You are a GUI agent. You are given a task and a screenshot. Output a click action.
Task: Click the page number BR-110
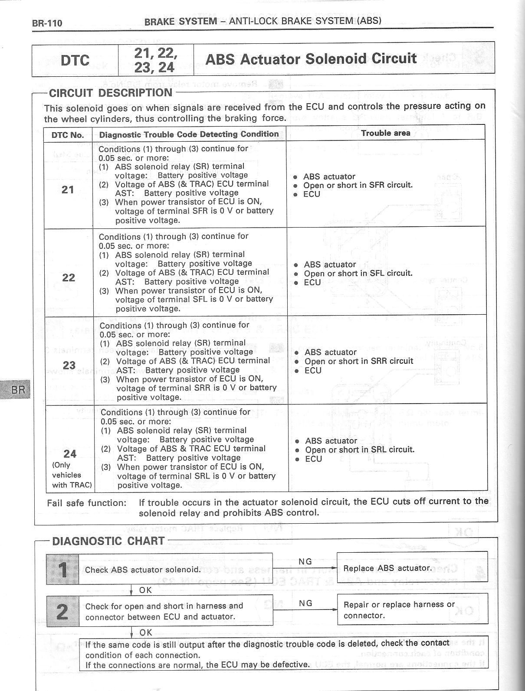[x=47, y=23]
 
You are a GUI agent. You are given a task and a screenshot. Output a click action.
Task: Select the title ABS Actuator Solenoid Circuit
[x=311, y=59]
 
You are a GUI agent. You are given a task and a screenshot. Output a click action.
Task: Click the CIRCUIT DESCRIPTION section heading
[x=111, y=93]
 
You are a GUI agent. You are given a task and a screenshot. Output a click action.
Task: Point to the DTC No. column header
[x=68, y=135]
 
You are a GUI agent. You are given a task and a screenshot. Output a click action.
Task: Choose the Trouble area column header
[x=385, y=133]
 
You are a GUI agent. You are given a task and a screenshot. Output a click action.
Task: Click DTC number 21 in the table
[x=68, y=189]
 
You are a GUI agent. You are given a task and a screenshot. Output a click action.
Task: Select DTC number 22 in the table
[x=69, y=277]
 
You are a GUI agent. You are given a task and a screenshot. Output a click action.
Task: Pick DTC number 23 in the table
[x=69, y=365]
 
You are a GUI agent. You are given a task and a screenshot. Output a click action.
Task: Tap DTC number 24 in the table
[x=70, y=453]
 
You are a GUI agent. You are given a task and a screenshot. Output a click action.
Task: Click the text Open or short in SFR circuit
[x=358, y=185]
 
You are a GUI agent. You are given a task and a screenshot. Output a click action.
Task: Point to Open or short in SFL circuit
[x=358, y=273]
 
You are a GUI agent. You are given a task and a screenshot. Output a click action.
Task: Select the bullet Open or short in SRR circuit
[x=359, y=361]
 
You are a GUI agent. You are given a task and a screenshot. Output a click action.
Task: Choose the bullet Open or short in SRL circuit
[x=360, y=450]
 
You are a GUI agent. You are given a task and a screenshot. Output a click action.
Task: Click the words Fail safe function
[x=86, y=503]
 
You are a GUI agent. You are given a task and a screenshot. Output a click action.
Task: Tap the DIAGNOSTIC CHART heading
[x=108, y=541]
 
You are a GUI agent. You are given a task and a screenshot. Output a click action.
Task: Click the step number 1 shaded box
[x=62, y=569]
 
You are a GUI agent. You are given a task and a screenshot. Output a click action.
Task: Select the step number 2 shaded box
[x=62, y=611]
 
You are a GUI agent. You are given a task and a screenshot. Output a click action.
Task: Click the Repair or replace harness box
[x=412, y=610]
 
